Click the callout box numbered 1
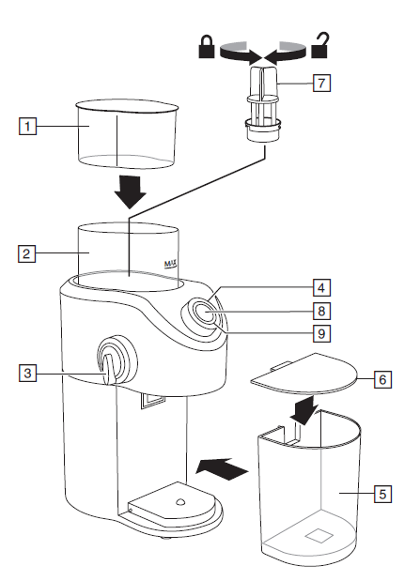(x=27, y=127)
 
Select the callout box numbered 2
(x=26, y=253)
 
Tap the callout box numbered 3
(x=27, y=373)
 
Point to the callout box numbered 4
(x=321, y=288)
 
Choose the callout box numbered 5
(x=382, y=494)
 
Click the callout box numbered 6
(x=382, y=379)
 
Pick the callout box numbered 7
(x=321, y=83)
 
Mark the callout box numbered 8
(x=321, y=311)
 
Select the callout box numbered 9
(x=321, y=333)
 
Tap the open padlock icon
(x=320, y=46)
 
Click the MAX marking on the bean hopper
(x=171, y=265)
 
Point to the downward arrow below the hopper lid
(x=130, y=191)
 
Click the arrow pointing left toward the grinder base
(x=222, y=469)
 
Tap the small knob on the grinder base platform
(x=179, y=502)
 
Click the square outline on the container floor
(x=319, y=535)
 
